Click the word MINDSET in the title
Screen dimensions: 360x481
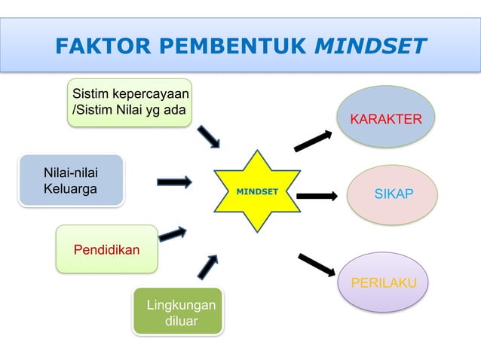pyautogui.click(x=370, y=47)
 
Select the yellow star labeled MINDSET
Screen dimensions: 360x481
pyautogui.click(x=257, y=191)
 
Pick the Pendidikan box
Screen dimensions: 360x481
pyautogui.click(x=106, y=249)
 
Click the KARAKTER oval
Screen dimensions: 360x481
pyautogui.click(x=386, y=119)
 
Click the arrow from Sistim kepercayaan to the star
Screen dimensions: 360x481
pyautogui.click(x=209, y=137)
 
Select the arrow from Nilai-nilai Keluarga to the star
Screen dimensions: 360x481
pyautogui.click(x=174, y=182)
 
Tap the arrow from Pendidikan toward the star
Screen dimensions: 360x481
pyautogui.click(x=173, y=234)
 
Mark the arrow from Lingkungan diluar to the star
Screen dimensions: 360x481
pyautogui.click(x=207, y=267)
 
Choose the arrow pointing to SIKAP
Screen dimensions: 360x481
pyautogui.click(x=317, y=196)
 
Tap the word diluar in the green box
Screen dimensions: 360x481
pyautogui.click(x=181, y=322)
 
